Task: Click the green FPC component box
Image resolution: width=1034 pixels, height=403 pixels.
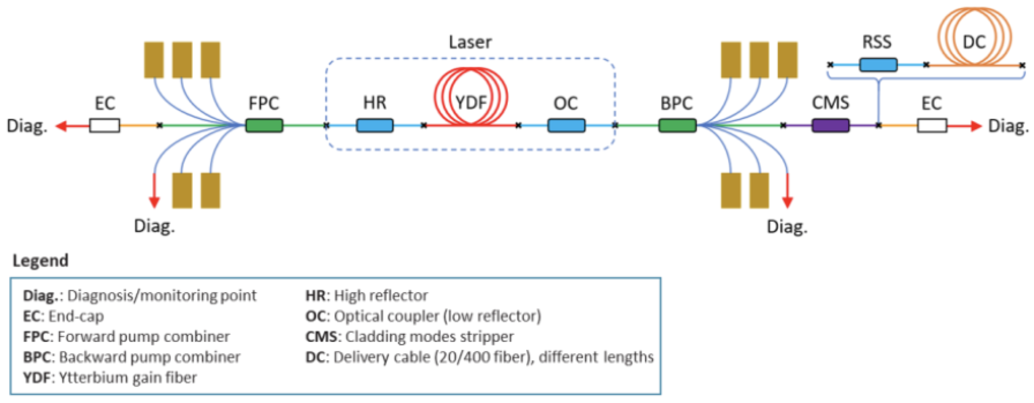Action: coord(264,125)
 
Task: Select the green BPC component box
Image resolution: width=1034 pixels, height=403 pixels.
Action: coord(677,125)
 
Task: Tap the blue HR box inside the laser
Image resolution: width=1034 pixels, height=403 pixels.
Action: coord(374,125)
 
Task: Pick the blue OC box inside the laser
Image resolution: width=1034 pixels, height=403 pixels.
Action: coord(566,125)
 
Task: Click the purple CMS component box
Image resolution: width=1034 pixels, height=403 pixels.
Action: coord(830,125)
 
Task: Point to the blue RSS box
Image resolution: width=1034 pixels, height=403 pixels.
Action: coord(878,64)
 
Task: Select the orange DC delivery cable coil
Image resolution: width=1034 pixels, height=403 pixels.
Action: coord(975,36)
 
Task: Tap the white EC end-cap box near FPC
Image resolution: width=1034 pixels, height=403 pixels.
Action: coord(104,125)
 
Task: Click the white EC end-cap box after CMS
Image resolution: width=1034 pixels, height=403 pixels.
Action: coord(932,125)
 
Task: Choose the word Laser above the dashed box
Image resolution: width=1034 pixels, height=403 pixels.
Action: coord(470,42)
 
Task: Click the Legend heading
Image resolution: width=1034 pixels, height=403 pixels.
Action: coord(40,261)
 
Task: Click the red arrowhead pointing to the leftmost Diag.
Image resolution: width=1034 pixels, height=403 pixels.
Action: coord(61,125)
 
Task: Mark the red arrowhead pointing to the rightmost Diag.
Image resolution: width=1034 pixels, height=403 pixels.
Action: coord(976,125)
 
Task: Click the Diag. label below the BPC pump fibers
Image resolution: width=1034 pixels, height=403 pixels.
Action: coord(786,227)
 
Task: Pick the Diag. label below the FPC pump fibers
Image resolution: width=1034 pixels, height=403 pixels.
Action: coord(154,226)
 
